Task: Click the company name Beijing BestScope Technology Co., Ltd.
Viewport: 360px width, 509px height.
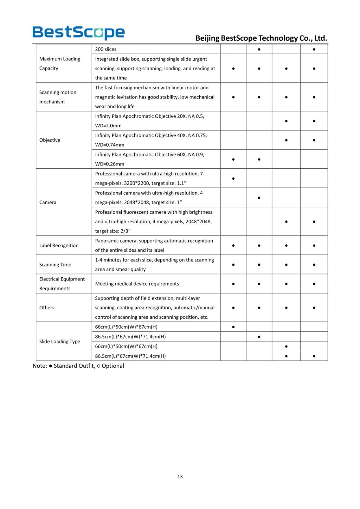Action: (x=261, y=38)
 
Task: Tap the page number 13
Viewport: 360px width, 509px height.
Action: (x=180, y=476)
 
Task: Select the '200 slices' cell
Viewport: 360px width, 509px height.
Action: (x=105, y=49)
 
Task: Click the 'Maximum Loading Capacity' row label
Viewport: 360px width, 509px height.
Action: (x=60, y=64)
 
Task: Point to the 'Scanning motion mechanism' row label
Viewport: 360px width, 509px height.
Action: (x=58, y=97)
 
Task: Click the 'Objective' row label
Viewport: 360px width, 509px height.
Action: (x=50, y=140)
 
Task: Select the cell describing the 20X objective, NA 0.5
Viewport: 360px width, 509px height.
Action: (x=149, y=121)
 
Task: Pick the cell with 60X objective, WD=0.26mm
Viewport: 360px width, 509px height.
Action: (x=149, y=159)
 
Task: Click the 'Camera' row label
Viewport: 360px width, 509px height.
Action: (x=48, y=202)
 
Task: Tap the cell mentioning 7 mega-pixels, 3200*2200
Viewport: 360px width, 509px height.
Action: (x=149, y=178)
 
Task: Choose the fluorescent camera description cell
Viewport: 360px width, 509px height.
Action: (x=154, y=221)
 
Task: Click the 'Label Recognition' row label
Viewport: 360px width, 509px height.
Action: (x=59, y=245)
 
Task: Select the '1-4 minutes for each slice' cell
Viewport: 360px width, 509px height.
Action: (x=154, y=264)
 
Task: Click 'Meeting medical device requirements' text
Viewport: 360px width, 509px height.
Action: (x=137, y=284)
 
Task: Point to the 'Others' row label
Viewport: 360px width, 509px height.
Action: (x=47, y=308)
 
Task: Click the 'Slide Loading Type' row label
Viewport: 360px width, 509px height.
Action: (x=60, y=341)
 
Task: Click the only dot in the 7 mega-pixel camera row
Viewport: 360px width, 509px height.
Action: (x=233, y=179)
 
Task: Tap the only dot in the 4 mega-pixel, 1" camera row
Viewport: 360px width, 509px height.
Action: (x=259, y=198)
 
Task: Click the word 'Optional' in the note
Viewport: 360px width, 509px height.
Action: (x=113, y=366)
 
